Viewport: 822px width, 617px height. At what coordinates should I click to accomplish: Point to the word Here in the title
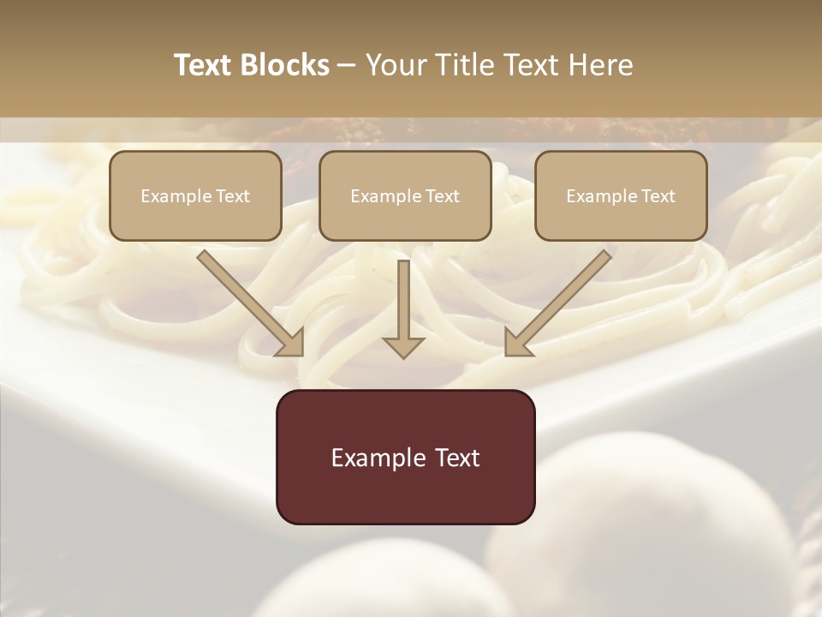[x=603, y=65]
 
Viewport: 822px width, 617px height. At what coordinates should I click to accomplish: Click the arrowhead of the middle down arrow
[x=403, y=346]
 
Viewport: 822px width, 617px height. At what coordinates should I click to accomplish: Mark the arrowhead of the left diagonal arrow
[x=291, y=344]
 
